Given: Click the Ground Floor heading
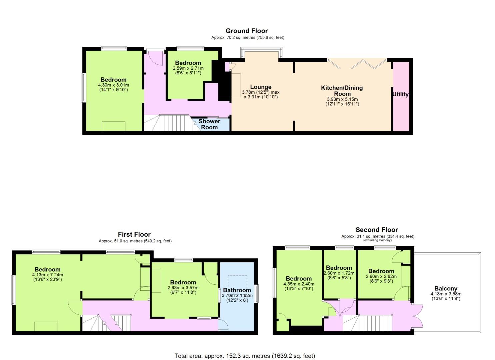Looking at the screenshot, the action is (247, 31).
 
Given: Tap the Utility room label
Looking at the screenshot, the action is (400, 94).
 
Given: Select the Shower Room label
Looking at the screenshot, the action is (209, 124).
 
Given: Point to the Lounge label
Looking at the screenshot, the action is (261, 87).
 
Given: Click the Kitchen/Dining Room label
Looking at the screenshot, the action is (342, 91).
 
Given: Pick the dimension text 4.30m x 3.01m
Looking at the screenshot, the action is (114, 85).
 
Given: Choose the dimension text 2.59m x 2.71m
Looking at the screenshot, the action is (188, 68).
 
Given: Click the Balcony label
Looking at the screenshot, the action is (446, 288).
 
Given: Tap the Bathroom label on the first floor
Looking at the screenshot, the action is (237, 290).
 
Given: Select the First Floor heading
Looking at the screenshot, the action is (134, 234).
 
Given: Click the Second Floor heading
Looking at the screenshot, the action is (377, 230).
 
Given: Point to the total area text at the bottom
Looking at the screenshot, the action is (245, 356).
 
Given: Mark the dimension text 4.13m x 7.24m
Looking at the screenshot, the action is (48, 275).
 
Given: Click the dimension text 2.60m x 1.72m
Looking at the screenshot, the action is (339, 273).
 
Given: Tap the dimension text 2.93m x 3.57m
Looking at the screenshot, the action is (183, 288).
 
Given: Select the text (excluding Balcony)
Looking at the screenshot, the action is (377, 240).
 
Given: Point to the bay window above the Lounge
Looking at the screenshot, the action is (261, 53).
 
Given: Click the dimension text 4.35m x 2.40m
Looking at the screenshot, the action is (299, 284).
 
